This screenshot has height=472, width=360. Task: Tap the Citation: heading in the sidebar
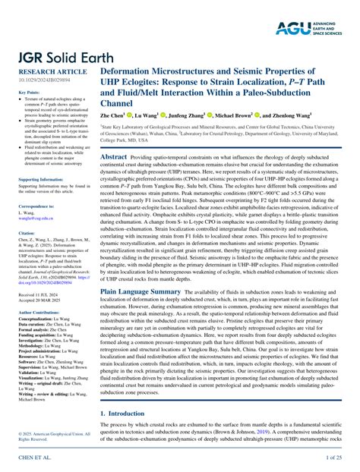[x=27, y=233]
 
